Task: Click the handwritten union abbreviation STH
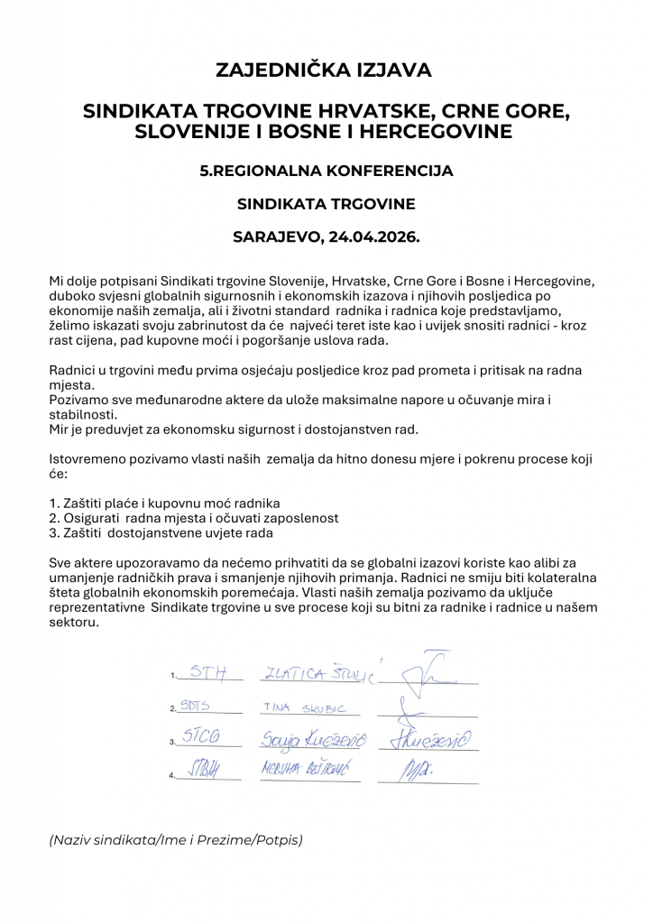coord(206,672)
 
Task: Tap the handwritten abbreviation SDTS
coord(195,707)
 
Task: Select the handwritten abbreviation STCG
coord(202,737)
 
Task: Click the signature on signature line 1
coord(424,668)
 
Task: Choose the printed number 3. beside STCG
coord(171,743)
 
